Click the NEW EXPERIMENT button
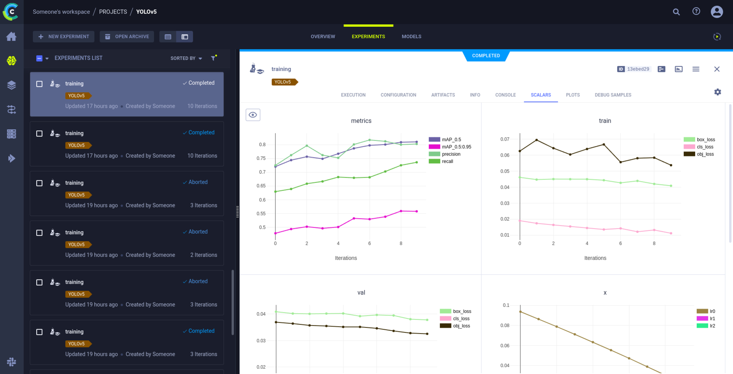63,37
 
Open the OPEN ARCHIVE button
127,37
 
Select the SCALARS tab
541,95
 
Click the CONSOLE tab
505,95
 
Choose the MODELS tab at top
411,37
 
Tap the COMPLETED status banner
486,56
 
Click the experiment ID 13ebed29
634,69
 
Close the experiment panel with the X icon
717,69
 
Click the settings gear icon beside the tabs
717,92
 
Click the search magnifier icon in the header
676,12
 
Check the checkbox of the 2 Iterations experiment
39,233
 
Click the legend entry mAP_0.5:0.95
456,147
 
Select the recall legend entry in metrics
447,161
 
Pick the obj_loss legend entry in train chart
705,154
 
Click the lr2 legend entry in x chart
712,326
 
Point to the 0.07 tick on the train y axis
505,139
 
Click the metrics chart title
361,121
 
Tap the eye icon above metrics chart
253,115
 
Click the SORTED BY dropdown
186,58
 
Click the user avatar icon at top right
717,12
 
